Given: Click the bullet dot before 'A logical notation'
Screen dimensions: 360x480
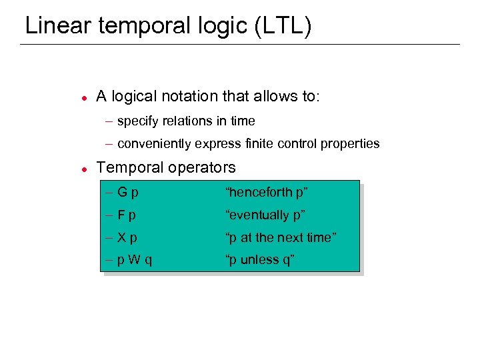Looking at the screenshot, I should coord(82,97).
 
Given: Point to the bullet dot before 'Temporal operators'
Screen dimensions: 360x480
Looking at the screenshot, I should coord(82,168).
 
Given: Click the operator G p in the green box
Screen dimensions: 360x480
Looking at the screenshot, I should coord(127,193).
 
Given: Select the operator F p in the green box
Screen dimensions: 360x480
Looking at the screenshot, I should coord(127,215).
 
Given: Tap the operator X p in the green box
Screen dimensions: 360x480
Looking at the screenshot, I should coord(127,238).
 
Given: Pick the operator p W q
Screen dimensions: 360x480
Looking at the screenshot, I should coord(135,260).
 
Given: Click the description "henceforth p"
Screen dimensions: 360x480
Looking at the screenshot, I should coord(267,193).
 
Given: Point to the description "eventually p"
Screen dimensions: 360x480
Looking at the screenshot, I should coord(265,215).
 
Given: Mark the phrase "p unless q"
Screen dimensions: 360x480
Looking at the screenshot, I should coord(260,260).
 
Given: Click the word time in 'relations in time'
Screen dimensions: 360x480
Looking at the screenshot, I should coord(243,121).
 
